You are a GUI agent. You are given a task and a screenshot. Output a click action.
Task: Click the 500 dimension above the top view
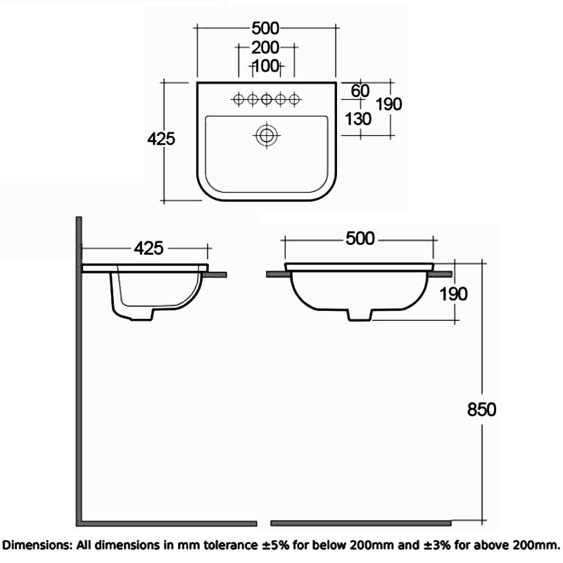[266, 28]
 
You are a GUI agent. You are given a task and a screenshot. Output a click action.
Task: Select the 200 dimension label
[266, 47]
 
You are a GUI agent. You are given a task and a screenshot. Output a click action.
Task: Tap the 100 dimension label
[266, 66]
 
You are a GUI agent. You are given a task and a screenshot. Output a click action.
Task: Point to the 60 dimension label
[360, 91]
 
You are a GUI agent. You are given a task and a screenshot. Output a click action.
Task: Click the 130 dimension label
[358, 118]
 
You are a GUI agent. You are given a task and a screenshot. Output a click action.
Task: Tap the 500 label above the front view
[359, 239]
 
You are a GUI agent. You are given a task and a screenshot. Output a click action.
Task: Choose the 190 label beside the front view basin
[453, 293]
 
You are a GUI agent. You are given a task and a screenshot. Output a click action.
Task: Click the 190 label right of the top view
[388, 104]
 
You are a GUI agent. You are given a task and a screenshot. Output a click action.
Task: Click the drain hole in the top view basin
[266, 134]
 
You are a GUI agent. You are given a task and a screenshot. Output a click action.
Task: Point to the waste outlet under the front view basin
[360, 315]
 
